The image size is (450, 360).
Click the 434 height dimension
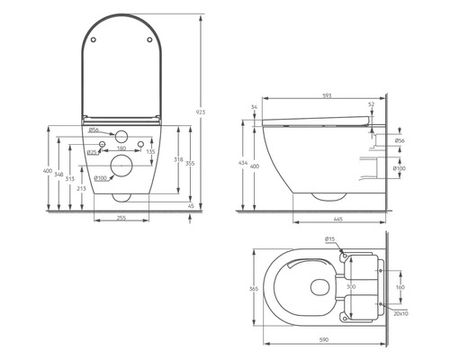point(243,165)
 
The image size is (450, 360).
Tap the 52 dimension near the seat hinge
point(370,105)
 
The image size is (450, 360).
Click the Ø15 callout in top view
point(330,239)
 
